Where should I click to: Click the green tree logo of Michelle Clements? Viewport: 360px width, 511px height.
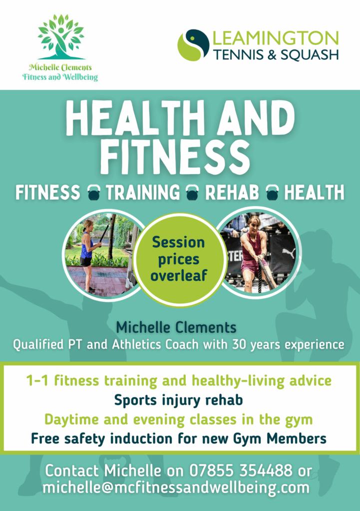pos(60,37)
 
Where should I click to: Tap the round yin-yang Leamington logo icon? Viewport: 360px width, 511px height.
pos(193,45)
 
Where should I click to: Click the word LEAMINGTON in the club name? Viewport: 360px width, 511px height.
pos(276,38)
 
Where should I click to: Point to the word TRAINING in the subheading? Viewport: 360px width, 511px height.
pos(142,192)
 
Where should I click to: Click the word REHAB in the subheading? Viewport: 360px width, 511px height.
pos(232,192)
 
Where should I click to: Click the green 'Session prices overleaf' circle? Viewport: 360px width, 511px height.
pos(179,259)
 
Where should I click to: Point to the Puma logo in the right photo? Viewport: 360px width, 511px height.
pos(289,253)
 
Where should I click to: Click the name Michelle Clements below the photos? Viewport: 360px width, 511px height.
pos(176,327)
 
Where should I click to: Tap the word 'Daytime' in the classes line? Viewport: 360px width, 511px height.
pos(71,420)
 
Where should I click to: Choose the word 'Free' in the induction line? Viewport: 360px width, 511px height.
pos(45,438)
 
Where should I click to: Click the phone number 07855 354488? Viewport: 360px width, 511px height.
pos(241,470)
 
